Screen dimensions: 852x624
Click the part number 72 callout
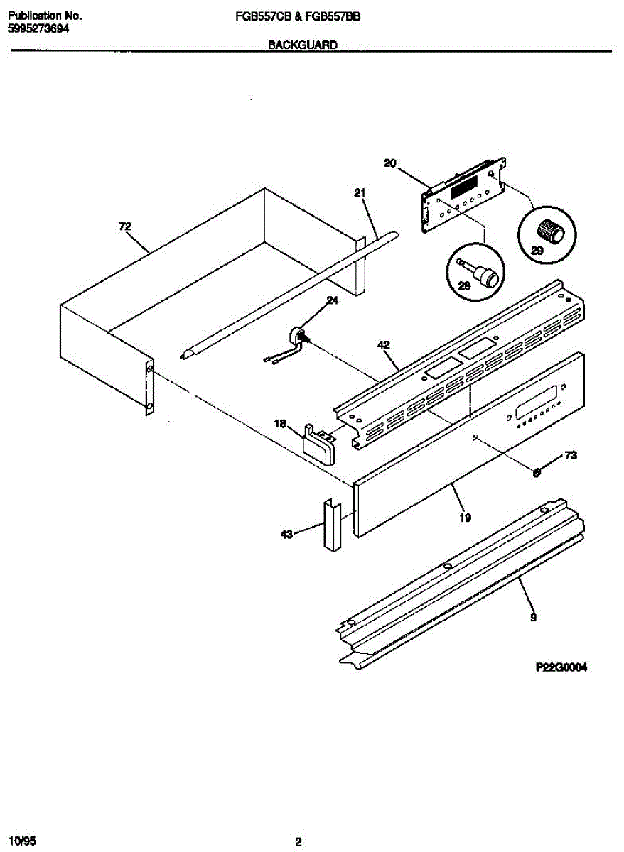coord(125,226)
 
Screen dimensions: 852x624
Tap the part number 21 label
coord(360,192)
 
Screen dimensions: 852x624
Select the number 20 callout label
coord(389,163)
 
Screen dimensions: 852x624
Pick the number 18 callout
coord(280,424)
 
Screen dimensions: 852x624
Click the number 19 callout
coord(465,518)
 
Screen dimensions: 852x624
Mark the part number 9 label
coord(533,618)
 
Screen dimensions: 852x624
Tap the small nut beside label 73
coord(538,471)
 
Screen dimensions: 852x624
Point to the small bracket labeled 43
coord(331,525)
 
